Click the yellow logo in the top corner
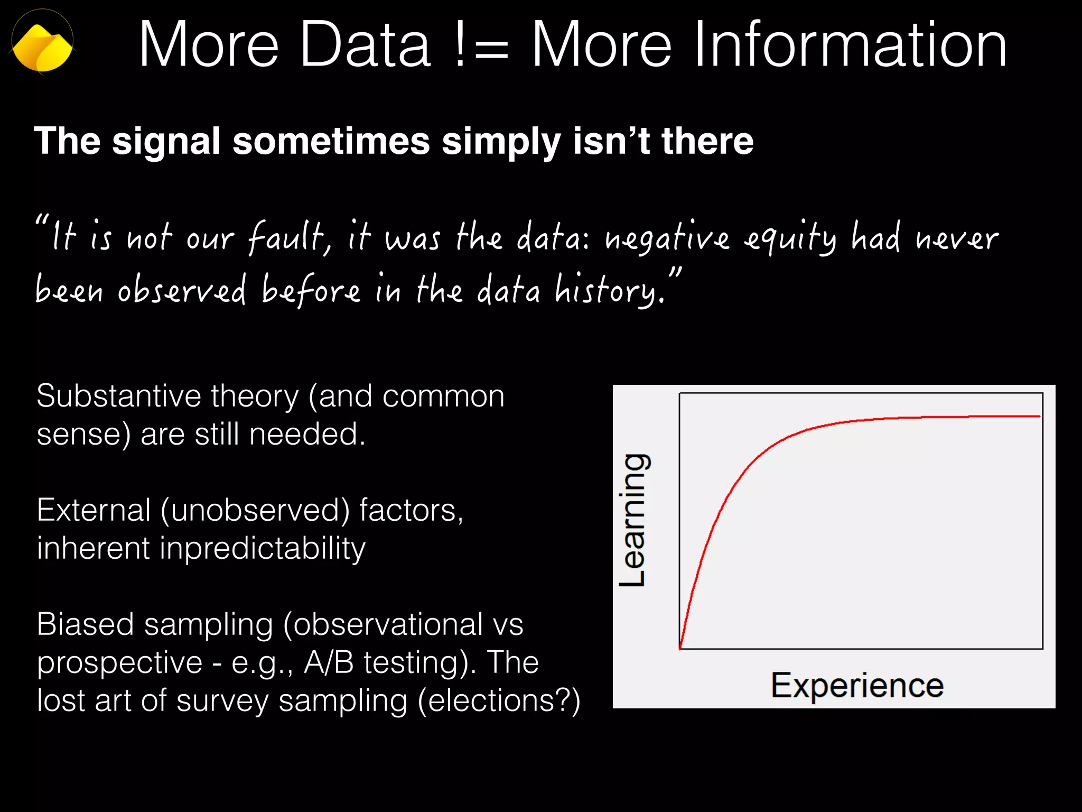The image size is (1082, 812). click(x=42, y=47)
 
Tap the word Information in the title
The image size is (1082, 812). click(x=769, y=45)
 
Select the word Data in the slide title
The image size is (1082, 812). click(x=365, y=45)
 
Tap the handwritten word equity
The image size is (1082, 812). click(x=790, y=238)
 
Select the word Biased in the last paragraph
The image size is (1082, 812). click(x=85, y=624)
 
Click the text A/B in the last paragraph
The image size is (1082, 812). click(x=329, y=662)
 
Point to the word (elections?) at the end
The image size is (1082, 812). click(x=499, y=701)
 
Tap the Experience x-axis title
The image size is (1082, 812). click(x=857, y=686)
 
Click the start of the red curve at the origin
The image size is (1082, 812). click(x=680, y=647)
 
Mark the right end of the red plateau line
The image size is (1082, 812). click(x=1039, y=417)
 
